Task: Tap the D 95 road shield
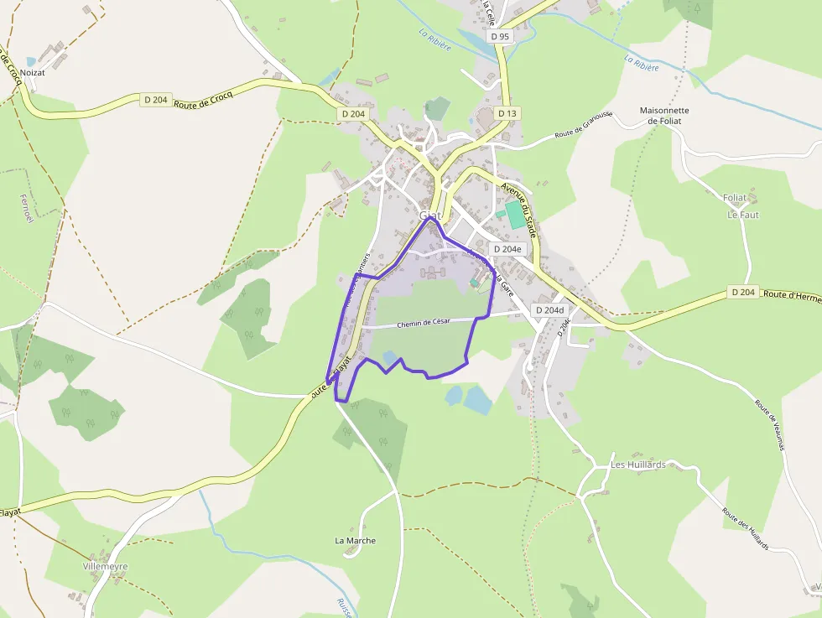500,36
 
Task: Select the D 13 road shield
507,113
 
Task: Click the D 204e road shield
507,249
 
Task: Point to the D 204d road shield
549,310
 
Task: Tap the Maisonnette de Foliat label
664,116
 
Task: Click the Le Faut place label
742,215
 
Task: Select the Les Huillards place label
637,465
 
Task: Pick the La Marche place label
356,541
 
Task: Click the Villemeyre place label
106,567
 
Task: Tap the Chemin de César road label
424,323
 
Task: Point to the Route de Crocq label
202,98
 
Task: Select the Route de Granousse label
583,129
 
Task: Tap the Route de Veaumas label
768,423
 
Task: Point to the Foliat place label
734,198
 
